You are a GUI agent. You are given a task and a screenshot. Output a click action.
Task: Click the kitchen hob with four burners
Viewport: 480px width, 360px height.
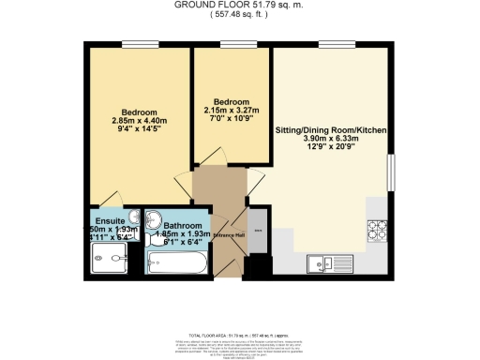point(379,229)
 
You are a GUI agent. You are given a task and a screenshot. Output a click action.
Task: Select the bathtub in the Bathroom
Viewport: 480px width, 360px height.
point(177,263)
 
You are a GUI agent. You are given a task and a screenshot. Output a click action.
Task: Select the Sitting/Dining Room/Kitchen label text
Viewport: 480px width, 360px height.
point(331,129)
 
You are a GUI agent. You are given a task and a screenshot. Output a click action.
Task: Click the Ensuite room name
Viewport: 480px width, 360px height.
point(105,218)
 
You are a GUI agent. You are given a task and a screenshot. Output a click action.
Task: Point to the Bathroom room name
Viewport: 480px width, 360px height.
point(181,226)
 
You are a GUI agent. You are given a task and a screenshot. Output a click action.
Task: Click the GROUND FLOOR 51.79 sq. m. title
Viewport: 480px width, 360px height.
point(239,5)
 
